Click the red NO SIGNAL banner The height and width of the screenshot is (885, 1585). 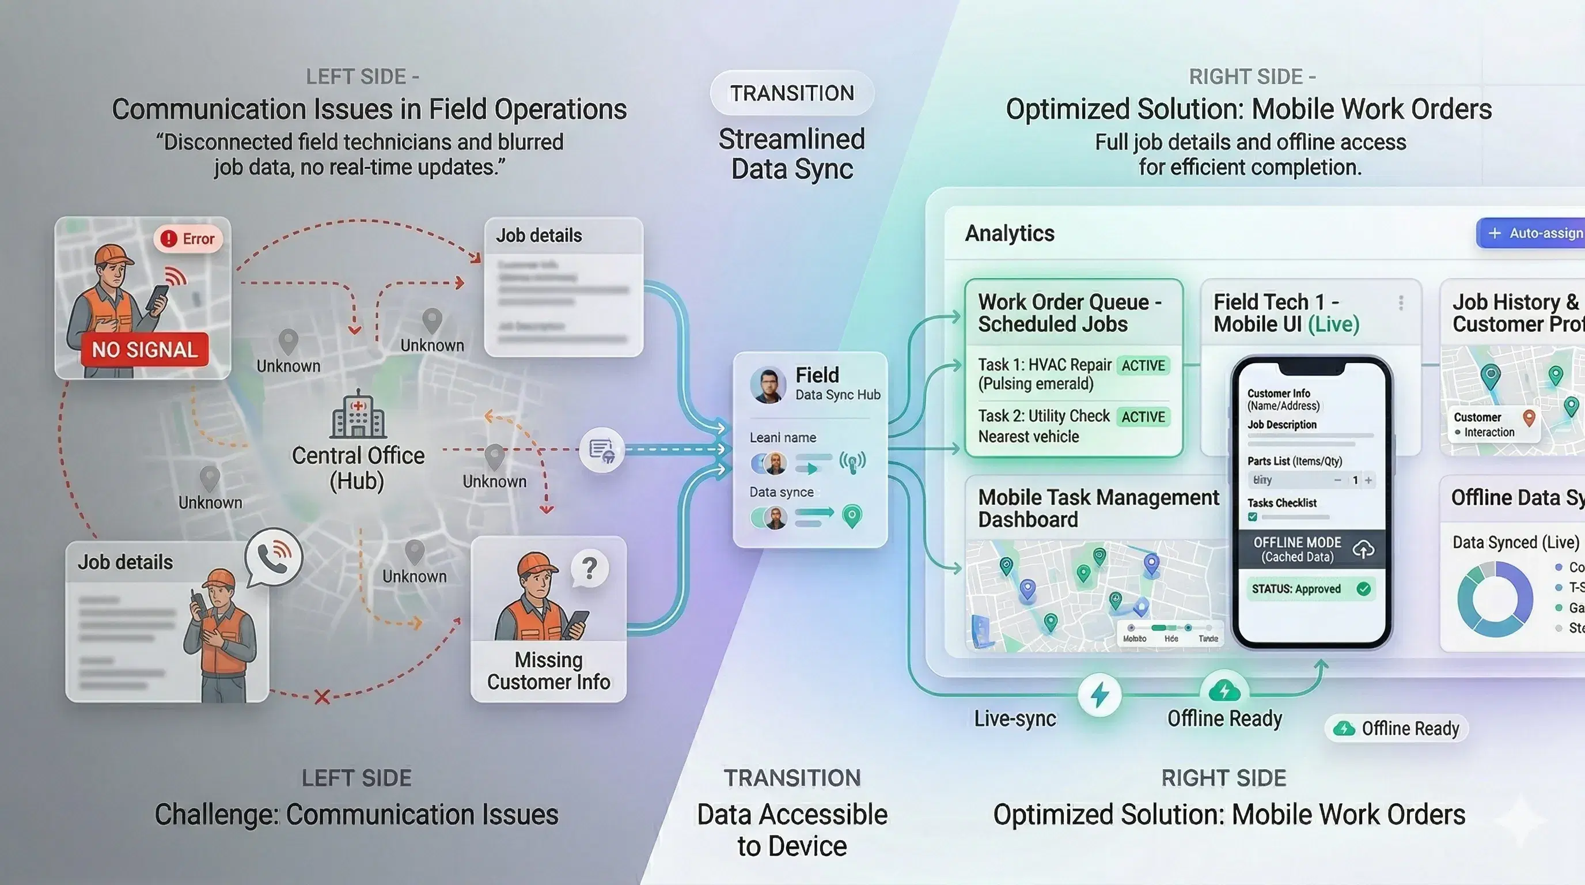(145, 350)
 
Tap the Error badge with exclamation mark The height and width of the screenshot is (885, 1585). (188, 239)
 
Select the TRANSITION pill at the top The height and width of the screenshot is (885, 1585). (792, 93)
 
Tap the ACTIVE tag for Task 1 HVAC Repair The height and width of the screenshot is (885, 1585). (1143, 365)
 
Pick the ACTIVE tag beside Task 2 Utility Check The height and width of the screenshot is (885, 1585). (1143, 417)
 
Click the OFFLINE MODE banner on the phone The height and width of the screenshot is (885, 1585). (1311, 549)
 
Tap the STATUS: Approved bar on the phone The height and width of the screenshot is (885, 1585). (1311, 589)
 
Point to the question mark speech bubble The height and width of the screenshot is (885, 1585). (589, 568)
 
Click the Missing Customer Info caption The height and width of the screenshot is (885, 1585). (548, 671)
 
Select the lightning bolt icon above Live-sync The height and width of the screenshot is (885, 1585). (1099, 695)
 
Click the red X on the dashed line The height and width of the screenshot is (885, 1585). (322, 697)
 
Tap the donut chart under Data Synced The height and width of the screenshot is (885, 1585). (1495, 599)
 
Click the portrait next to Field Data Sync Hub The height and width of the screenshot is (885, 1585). (767, 385)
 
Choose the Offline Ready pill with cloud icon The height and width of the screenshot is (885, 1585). (1397, 729)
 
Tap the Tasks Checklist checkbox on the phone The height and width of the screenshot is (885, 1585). (1253, 517)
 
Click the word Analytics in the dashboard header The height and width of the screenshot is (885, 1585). (1010, 233)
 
